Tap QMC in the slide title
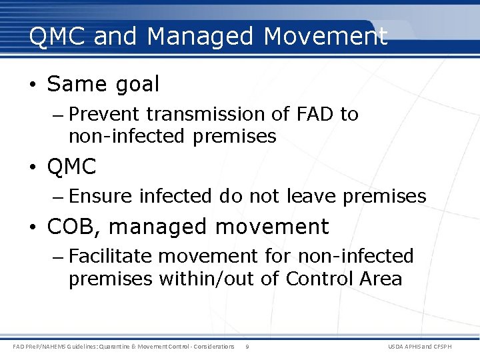58,37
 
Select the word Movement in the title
325,37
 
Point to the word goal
137,85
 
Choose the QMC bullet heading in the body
72,167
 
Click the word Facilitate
111,256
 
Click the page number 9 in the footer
247,347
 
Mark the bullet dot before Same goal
33,85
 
